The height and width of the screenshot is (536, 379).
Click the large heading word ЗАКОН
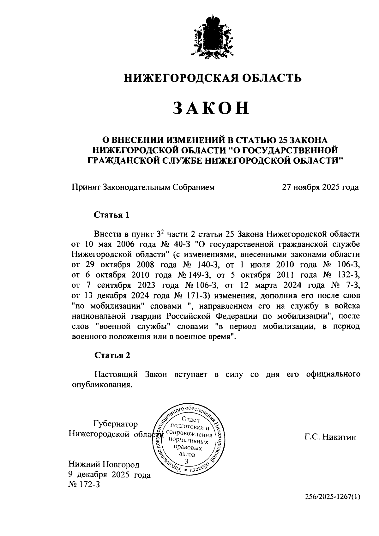(x=211, y=108)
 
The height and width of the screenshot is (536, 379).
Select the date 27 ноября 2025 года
(x=320, y=187)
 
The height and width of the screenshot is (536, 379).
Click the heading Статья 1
(x=112, y=215)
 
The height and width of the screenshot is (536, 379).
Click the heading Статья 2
(x=112, y=355)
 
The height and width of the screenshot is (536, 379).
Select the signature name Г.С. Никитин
(x=330, y=437)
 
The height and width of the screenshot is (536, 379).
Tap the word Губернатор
(x=115, y=424)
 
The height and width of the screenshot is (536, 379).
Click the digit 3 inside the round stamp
(x=189, y=461)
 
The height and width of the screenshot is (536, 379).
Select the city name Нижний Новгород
(x=104, y=464)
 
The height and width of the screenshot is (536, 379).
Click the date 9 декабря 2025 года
(x=110, y=475)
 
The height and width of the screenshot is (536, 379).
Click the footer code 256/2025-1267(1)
(x=332, y=497)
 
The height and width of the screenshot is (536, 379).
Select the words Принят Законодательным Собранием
(x=143, y=187)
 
